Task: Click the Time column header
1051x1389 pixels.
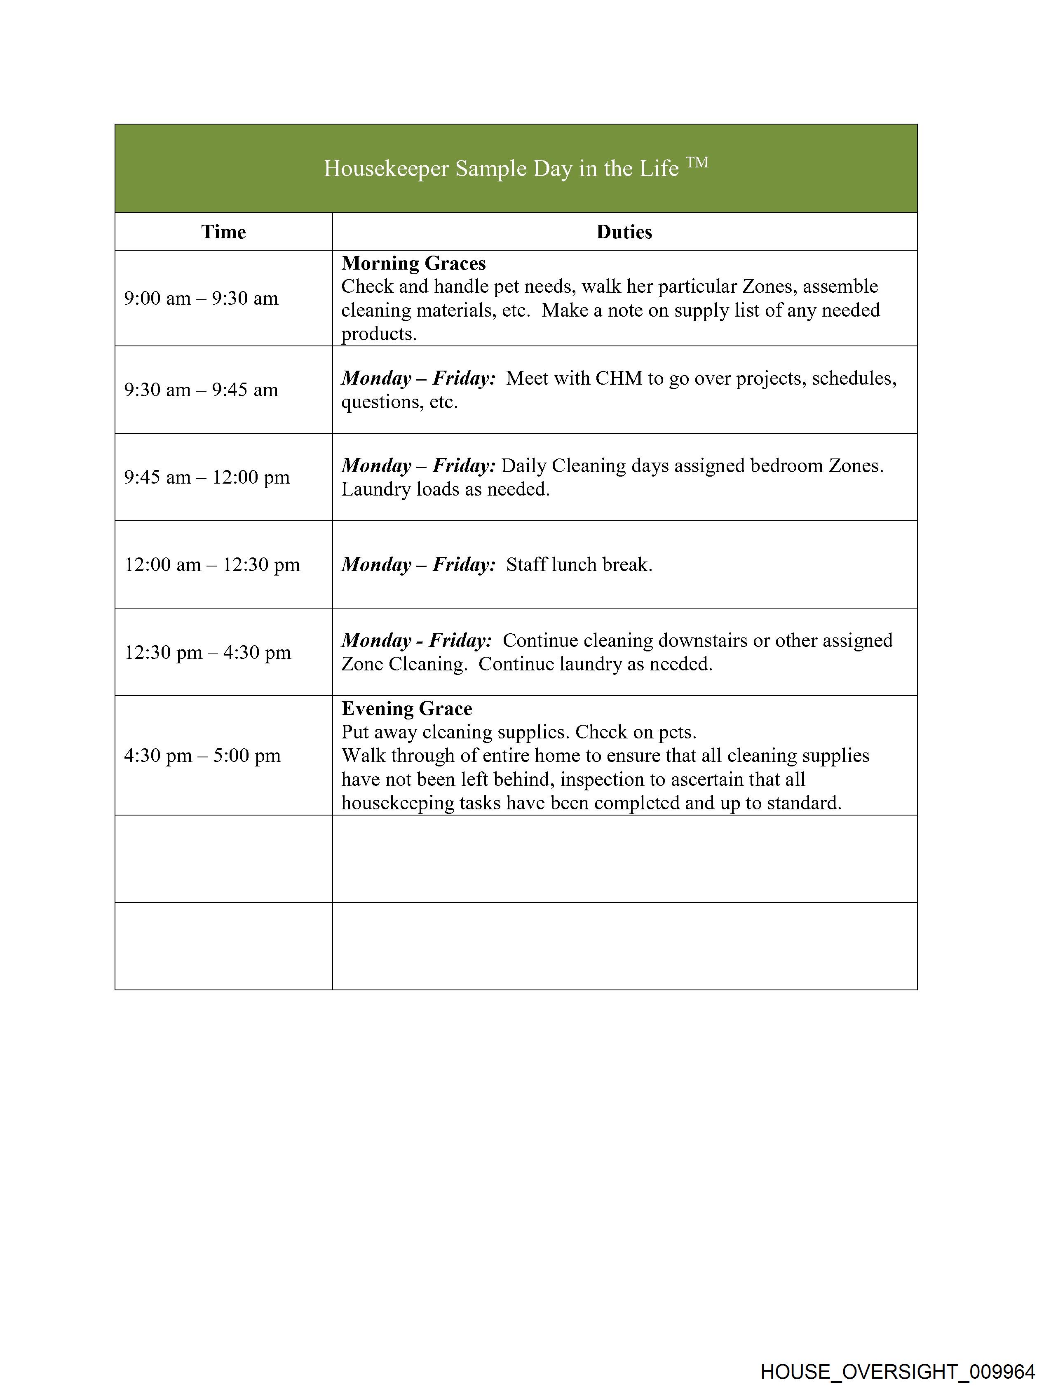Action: (x=223, y=232)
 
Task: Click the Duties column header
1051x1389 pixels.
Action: (x=624, y=232)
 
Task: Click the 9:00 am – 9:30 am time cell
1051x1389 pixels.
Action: (x=201, y=298)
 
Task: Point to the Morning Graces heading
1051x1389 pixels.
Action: (x=413, y=263)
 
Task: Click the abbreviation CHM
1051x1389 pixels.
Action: (x=618, y=378)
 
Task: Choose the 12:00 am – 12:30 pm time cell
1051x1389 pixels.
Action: (x=212, y=564)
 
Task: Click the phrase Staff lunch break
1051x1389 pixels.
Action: (x=579, y=564)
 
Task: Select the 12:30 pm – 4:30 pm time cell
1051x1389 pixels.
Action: (x=208, y=652)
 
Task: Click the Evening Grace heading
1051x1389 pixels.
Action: (x=406, y=708)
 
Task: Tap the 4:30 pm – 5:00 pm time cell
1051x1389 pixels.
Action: (x=202, y=755)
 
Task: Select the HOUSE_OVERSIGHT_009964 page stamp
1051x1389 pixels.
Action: (x=897, y=1371)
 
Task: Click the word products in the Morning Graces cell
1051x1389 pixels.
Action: (x=379, y=334)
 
